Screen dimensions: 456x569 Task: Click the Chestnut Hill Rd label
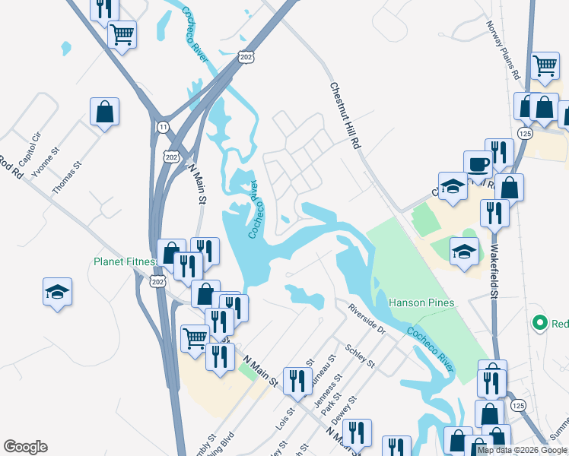coord(345,116)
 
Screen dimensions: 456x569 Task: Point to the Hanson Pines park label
coord(421,302)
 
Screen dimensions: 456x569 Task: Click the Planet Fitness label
coord(124,261)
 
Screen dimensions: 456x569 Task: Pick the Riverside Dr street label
coord(367,320)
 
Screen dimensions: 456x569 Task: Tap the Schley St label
coord(360,354)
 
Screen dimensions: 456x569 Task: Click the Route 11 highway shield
coord(163,127)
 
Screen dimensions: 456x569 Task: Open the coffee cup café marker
coord(478,163)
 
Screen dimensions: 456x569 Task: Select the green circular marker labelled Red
coord(540,324)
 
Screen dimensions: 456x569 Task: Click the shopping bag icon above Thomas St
coord(104,112)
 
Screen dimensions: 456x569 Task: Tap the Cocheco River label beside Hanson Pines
coord(431,349)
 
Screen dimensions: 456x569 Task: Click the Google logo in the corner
coord(25,447)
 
